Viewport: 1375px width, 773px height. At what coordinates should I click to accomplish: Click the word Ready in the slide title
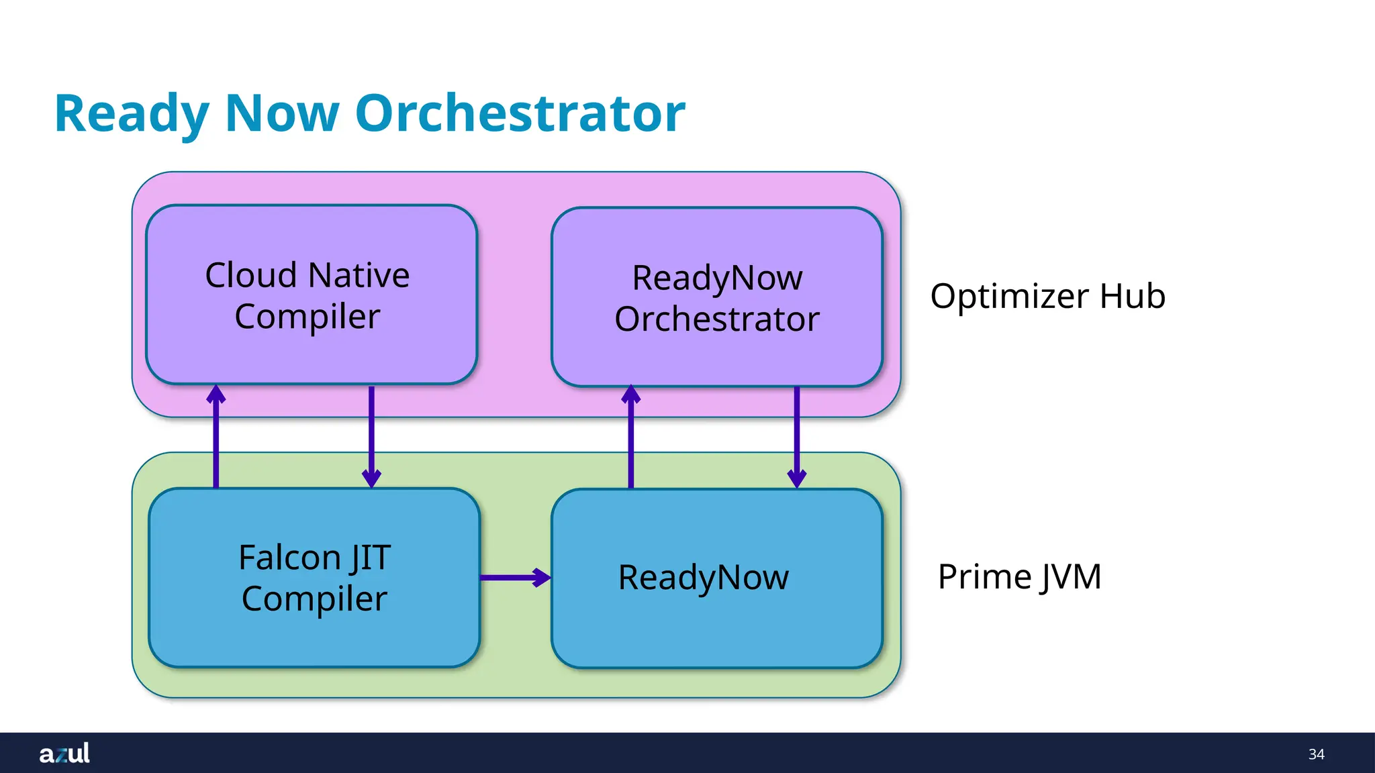point(132,114)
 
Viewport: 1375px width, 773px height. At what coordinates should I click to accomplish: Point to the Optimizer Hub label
point(1047,296)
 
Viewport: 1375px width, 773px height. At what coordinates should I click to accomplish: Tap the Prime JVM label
point(1019,576)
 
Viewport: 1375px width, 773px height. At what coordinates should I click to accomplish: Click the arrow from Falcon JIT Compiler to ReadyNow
point(515,577)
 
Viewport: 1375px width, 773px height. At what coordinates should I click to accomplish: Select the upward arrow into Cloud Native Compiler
point(216,436)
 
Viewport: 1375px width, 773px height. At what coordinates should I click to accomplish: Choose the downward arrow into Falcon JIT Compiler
point(371,436)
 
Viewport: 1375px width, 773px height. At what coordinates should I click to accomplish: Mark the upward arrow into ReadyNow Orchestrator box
point(630,436)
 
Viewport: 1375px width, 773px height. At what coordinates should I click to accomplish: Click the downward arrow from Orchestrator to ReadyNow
point(797,436)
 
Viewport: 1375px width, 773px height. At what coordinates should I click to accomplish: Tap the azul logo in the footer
point(64,754)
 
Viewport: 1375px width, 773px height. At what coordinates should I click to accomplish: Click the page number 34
point(1316,754)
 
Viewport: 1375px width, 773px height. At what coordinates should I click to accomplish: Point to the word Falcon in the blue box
point(289,558)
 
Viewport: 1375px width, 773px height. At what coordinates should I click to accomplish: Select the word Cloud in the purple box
point(250,275)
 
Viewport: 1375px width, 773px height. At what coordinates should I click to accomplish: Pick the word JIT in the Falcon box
point(370,558)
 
